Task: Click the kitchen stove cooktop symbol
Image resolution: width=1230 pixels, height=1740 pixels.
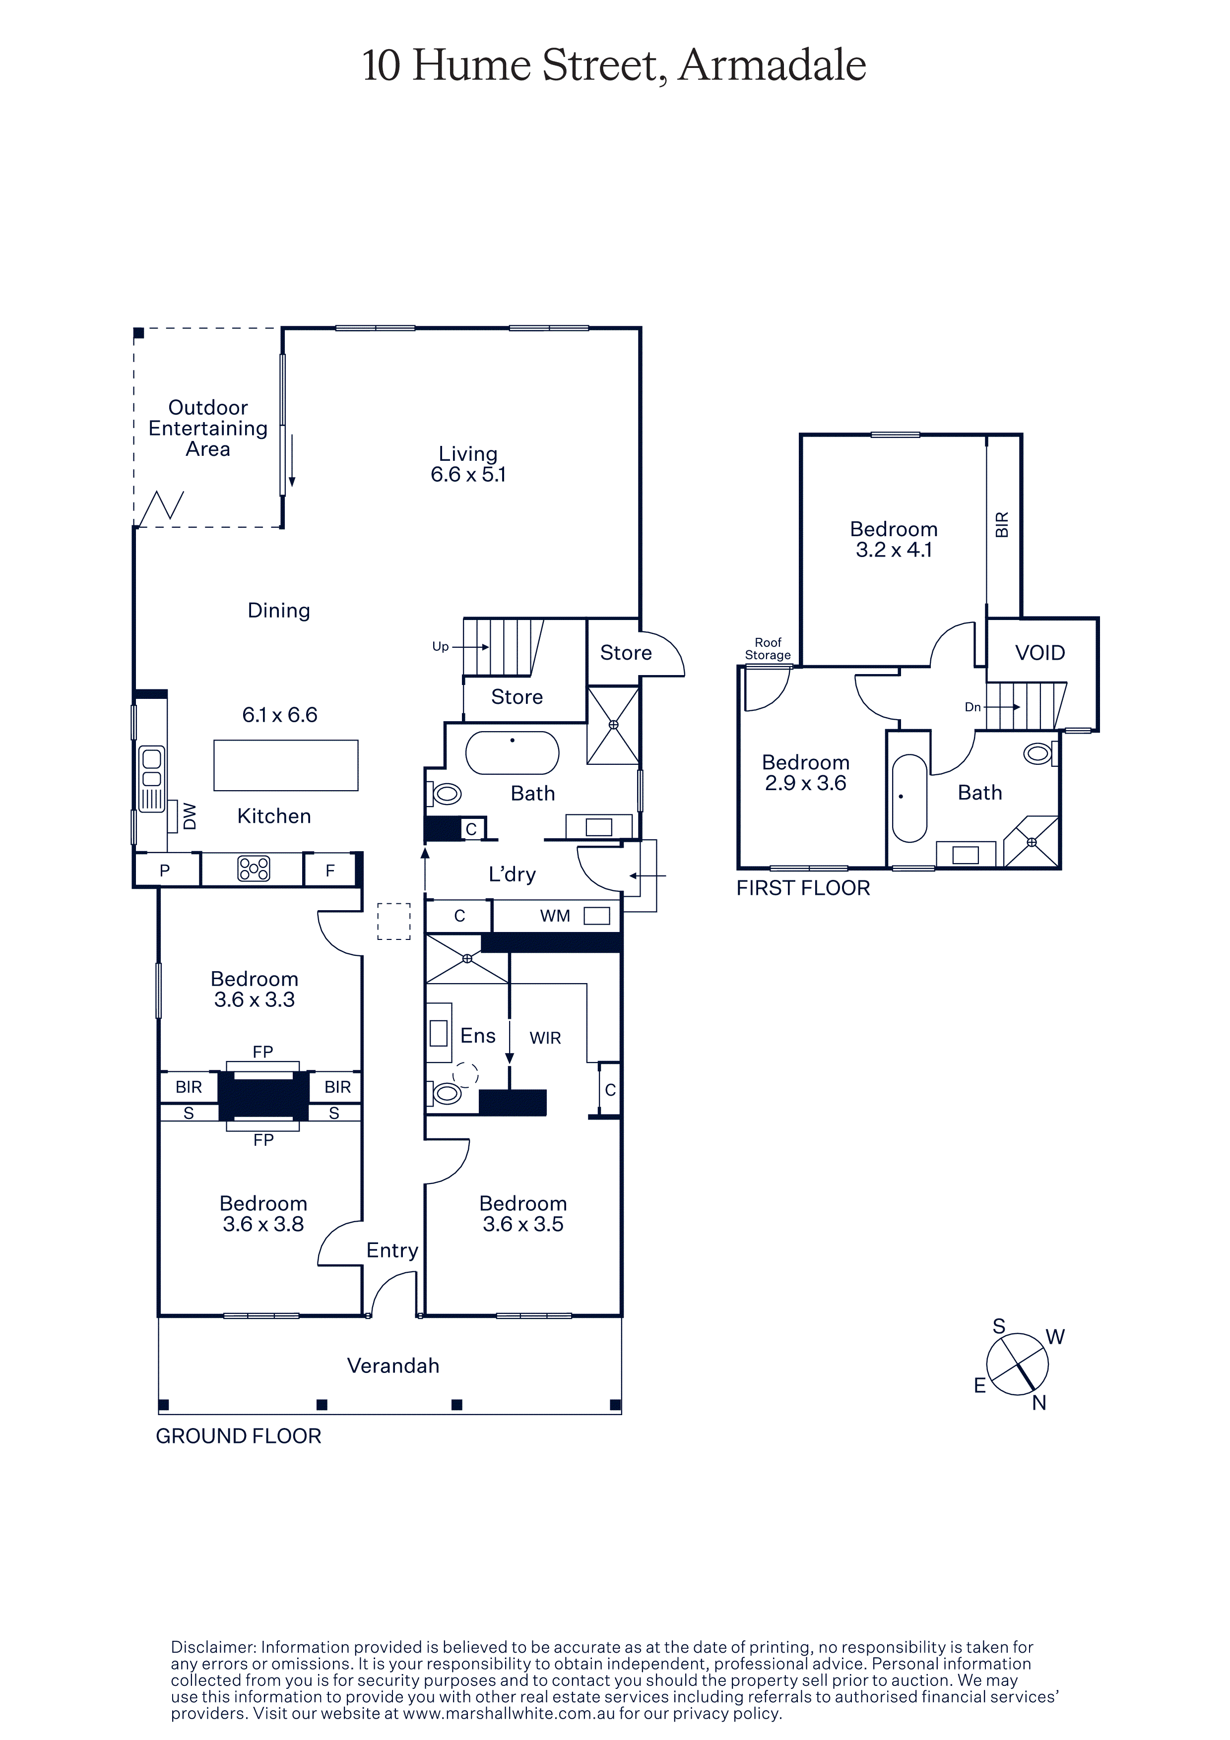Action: [x=254, y=869]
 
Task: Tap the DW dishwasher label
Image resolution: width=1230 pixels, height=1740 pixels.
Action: [x=190, y=816]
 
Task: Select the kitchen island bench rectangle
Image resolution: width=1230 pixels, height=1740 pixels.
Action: [x=286, y=765]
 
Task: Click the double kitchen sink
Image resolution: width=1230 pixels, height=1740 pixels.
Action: [x=151, y=779]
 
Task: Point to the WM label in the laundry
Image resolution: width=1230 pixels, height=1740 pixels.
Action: [x=555, y=916]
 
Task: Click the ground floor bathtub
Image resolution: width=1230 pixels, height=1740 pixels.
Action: [x=513, y=752]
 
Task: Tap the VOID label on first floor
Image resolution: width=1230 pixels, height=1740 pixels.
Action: [x=1040, y=653]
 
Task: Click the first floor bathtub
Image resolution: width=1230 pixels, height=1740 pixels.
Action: [x=909, y=798]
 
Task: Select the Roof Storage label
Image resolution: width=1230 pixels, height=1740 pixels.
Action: [x=768, y=649]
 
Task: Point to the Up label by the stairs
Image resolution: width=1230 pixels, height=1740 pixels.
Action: [x=440, y=646]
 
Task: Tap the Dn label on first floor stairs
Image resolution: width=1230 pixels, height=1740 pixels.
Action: [x=973, y=707]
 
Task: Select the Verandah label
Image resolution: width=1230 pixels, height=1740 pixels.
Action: [x=393, y=1366]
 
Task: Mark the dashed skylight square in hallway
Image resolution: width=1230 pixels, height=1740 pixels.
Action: [x=394, y=922]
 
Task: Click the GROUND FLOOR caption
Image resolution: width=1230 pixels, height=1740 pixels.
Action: [x=239, y=1436]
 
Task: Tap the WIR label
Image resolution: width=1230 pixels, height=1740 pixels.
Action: [x=545, y=1038]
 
